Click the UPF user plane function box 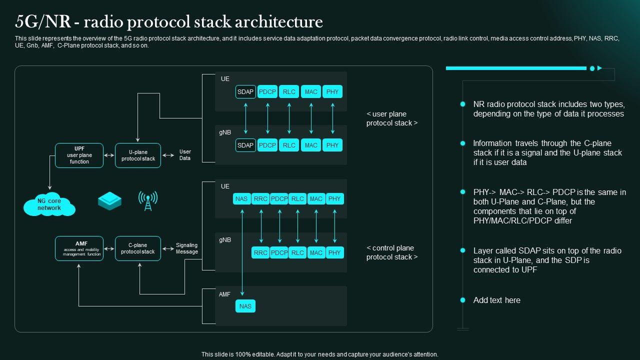tap(79, 155)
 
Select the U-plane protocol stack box tap(138, 155)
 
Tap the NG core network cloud tap(49, 205)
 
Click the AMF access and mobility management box tap(79, 248)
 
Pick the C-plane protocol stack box tap(138, 248)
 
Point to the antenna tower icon tap(148, 200)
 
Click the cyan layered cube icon tap(109, 201)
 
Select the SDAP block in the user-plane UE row tap(245, 91)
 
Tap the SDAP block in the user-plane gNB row tap(245, 145)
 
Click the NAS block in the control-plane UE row tap(241, 198)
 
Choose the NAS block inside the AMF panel tap(245, 306)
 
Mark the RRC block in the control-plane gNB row tap(260, 252)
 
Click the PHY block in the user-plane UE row tap(332, 91)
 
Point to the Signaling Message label tap(186, 248)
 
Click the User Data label tap(185, 155)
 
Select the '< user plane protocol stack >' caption tap(391, 118)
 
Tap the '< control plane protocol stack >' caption tap(391, 252)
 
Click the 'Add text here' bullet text tap(496, 300)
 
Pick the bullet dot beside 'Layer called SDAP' tap(462, 250)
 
